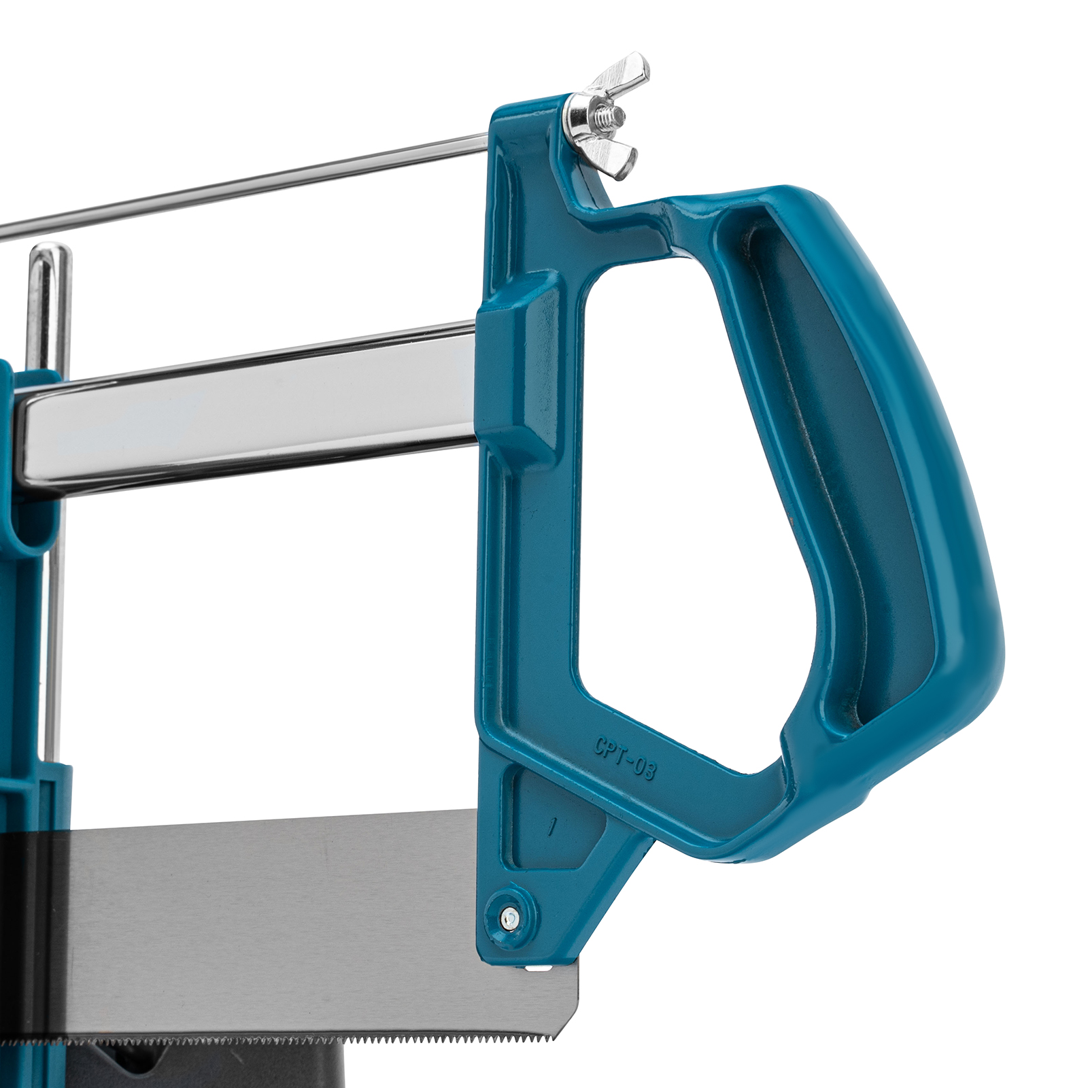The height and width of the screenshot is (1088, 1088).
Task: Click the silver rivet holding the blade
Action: coord(511,919)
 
